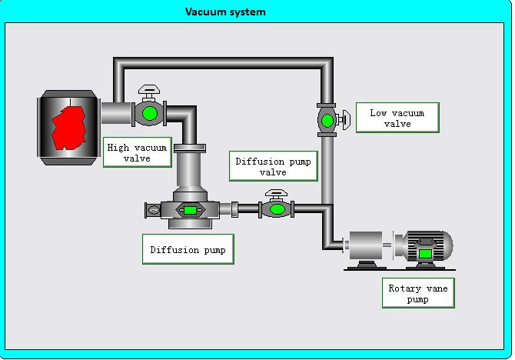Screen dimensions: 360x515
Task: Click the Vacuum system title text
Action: [x=225, y=12]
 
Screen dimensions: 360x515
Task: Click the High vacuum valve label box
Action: [x=138, y=152]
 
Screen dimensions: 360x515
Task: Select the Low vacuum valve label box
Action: [x=397, y=118]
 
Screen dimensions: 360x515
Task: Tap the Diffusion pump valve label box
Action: [x=272, y=166]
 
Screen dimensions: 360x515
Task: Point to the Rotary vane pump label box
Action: [x=417, y=293]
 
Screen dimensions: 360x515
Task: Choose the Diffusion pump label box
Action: [x=188, y=249]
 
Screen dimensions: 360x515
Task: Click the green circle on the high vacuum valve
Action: [x=150, y=114]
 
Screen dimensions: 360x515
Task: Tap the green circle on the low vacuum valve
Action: [x=327, y=120]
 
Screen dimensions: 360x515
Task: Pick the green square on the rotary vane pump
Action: [x=425, y=252]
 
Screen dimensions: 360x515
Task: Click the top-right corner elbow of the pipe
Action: [x=326, y=64]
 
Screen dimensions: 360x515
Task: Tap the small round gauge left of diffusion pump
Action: [x=153, y=209]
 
